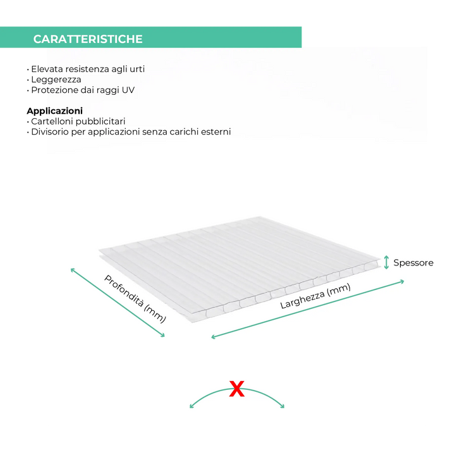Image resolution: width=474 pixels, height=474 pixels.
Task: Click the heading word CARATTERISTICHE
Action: pos(88,39)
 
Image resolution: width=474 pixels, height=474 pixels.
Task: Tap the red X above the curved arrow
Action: pos(237,389)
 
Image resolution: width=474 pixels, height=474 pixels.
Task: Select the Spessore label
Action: pos(413,263)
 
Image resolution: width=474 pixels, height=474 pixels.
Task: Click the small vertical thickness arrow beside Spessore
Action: pos(386,262)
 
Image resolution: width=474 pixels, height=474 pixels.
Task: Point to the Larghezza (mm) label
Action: pos(315,296)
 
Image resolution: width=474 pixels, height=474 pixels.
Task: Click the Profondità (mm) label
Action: pos(135,299)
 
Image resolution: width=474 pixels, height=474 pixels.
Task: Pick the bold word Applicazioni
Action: pos(55,111)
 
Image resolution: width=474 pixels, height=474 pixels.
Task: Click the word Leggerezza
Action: pos(56,80)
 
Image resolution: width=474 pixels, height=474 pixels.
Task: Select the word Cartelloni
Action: pos(52,121)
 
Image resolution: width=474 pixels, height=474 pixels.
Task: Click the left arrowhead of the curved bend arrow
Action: pos(191,406)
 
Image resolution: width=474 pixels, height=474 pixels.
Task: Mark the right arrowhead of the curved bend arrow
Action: pos(283,406)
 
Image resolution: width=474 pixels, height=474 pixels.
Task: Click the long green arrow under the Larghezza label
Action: pos(308,310)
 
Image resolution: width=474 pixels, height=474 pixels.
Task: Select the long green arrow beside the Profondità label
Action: pos(118,302)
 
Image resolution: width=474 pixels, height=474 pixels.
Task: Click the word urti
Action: pos(137,69)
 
